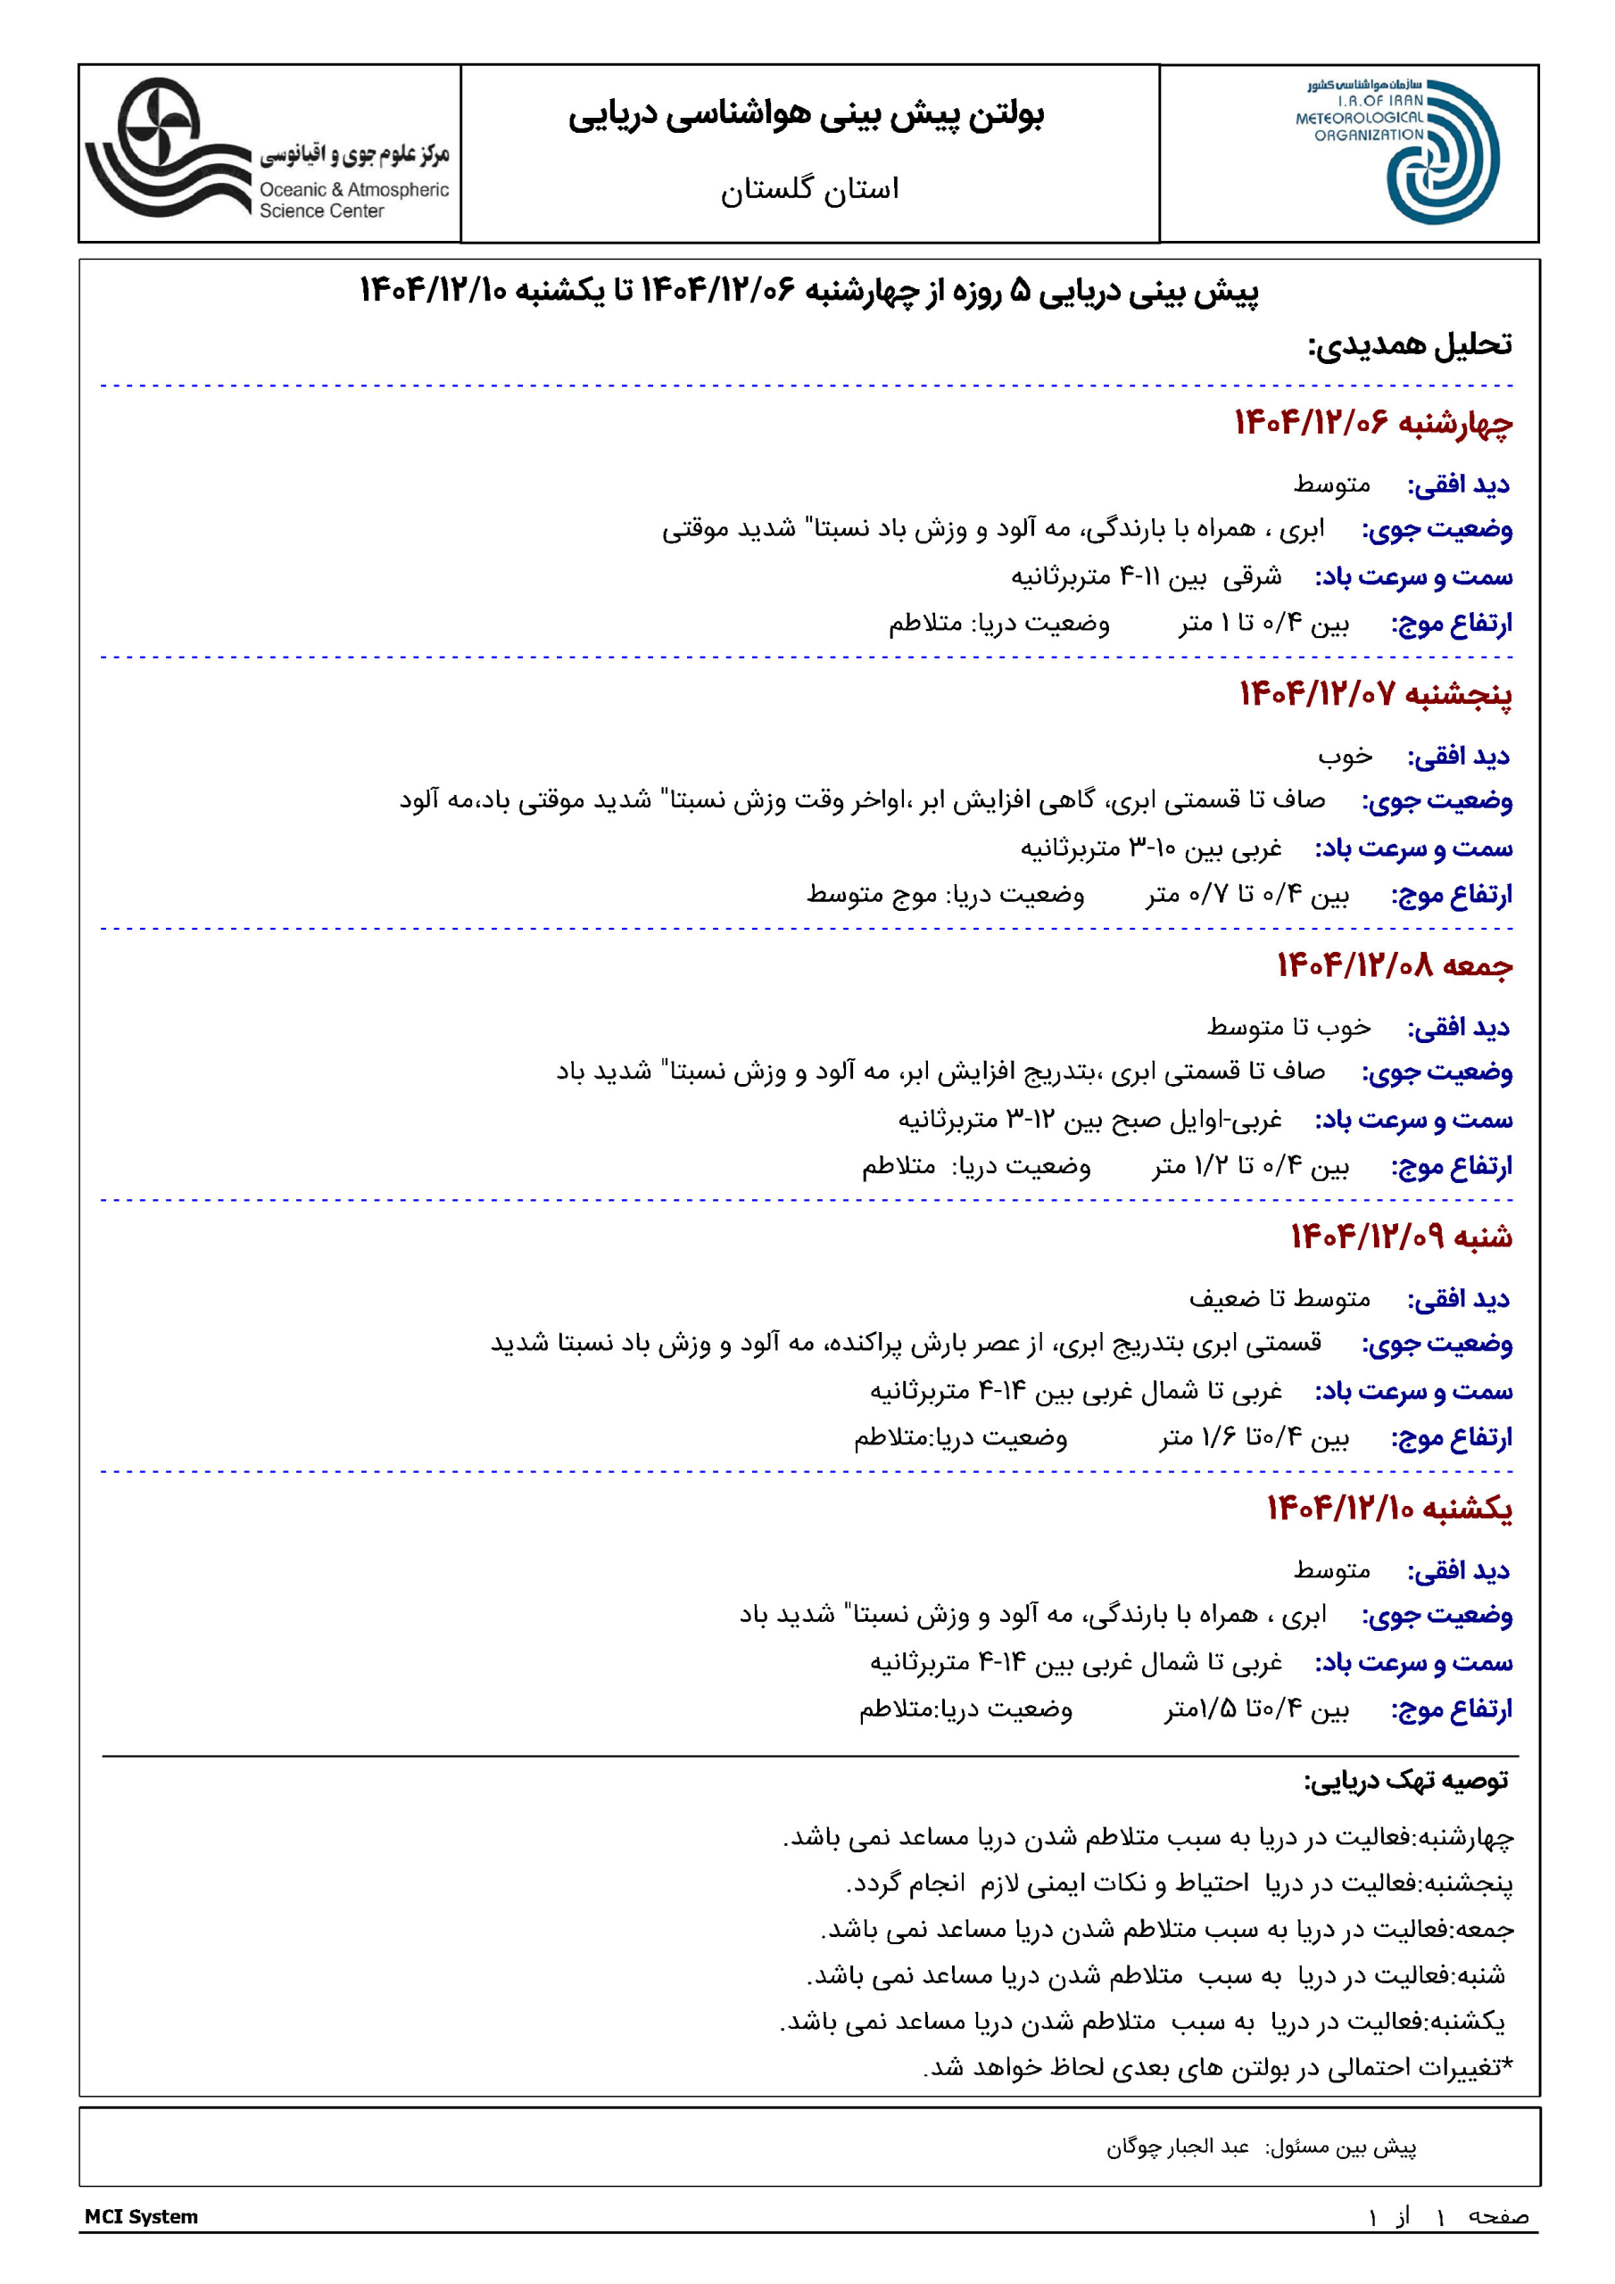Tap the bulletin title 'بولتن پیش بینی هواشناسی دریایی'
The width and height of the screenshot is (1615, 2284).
[806, 115]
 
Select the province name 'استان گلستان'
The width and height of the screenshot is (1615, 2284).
[809, 188]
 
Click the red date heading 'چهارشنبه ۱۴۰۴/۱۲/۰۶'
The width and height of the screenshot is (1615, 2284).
[1373, 423]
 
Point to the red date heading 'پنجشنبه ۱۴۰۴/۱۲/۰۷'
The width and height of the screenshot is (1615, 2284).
[1375, 693]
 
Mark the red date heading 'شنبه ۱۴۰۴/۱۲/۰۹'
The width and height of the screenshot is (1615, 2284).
[1401, 1237]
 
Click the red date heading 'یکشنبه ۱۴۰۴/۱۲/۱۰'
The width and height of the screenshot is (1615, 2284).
[1389, 1508]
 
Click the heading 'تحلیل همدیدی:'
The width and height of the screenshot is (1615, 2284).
[1409, 345]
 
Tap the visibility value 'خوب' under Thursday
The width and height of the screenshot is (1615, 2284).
[1345, 757]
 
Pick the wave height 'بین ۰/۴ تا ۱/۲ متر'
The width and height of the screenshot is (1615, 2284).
[1251, 1166]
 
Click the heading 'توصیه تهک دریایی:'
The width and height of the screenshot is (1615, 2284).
[1406, 1781]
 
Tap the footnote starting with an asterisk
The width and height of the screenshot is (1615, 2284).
[1217, 2067]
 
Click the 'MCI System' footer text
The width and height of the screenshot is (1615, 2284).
[141, 2216]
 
